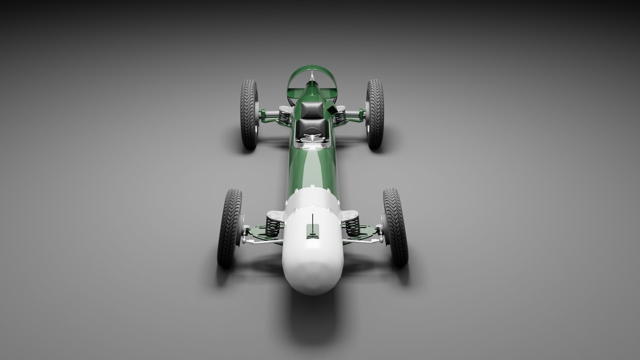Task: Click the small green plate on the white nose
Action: point(313,231)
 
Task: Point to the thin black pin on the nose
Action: point(313,220)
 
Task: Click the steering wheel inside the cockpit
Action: point(312,137)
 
